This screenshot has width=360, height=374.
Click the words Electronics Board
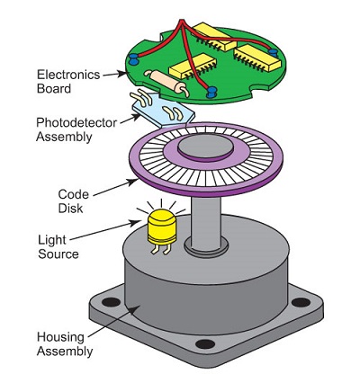coord(65,80)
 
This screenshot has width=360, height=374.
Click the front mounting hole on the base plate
coord(205,344)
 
